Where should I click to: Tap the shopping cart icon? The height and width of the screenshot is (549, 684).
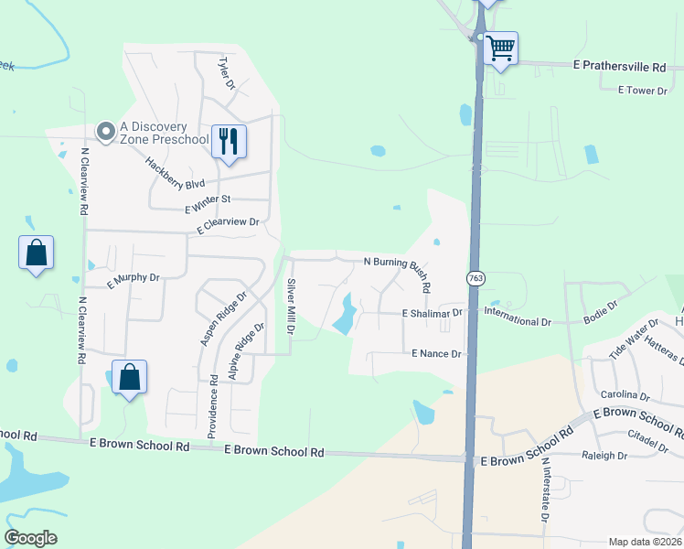pos(500,47)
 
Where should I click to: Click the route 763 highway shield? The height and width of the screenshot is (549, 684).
pos(476,278)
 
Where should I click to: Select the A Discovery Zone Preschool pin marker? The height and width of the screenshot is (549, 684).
pos(107,134)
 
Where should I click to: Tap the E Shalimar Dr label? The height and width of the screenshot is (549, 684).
pos(433,313)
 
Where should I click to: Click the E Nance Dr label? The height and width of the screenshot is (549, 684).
pos(438,353)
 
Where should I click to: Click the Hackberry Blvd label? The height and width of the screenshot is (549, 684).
pos(175,172)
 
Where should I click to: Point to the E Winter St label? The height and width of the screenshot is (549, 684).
pos(208,199)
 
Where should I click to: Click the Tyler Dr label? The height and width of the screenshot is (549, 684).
pos(227,72)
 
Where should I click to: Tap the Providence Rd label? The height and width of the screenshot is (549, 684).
pos(213,405)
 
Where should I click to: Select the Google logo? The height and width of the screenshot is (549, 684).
pos(30,538)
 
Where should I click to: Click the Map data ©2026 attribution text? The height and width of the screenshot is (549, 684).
pos(644,542)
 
